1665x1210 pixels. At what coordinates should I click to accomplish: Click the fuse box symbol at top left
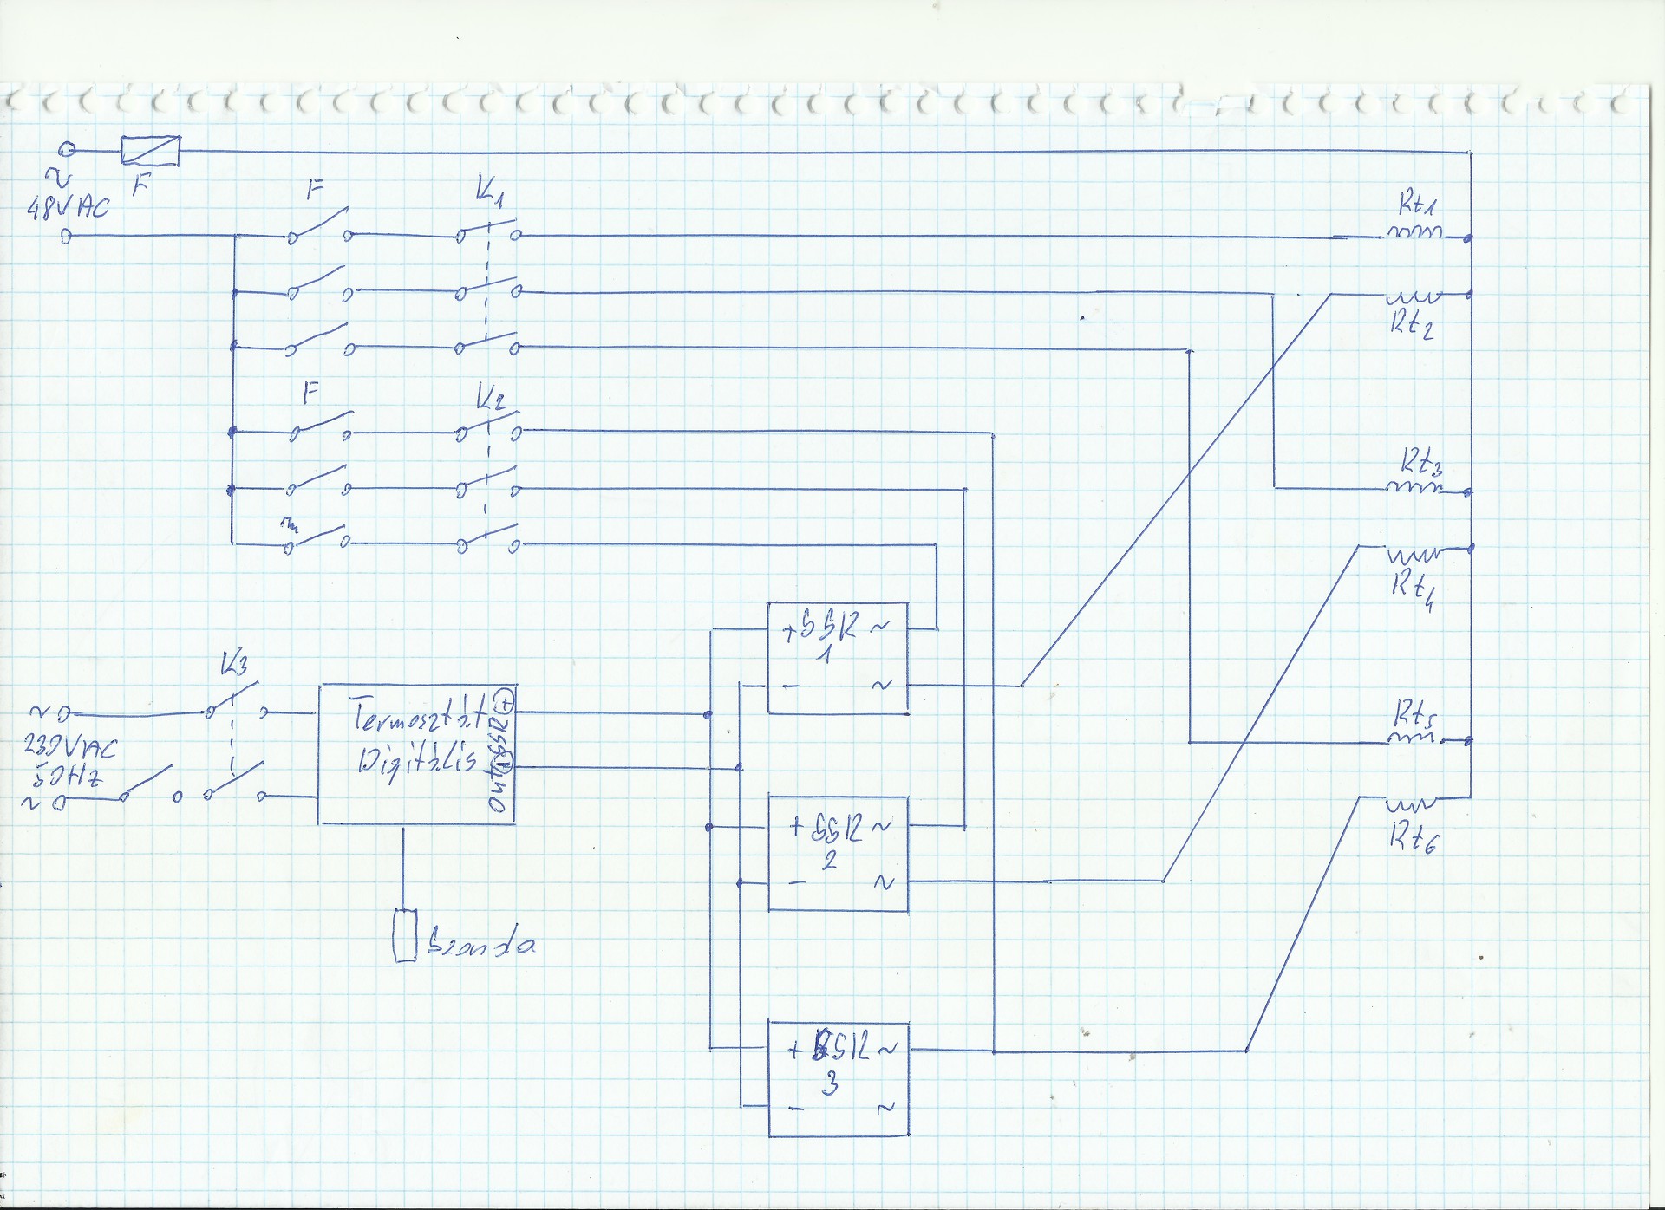click(151, 151)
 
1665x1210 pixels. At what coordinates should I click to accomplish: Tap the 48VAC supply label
click(69, 208)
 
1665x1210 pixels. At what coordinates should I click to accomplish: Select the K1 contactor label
click(490, 192)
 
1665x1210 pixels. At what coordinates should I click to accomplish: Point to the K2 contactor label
click(491, 398)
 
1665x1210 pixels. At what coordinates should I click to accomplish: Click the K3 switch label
click(234, 665)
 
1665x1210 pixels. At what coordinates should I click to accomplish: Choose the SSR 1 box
click(838, 657)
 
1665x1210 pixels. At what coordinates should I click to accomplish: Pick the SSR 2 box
click(838, 854)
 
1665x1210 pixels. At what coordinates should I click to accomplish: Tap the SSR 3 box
click(838, 1078)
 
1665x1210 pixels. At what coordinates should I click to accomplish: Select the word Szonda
click(481, 943)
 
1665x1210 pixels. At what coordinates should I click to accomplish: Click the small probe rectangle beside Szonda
click(405, 935)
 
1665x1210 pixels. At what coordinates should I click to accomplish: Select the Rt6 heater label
click(1414, 836)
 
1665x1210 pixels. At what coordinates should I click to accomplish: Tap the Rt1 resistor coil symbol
click(1415, 232)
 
